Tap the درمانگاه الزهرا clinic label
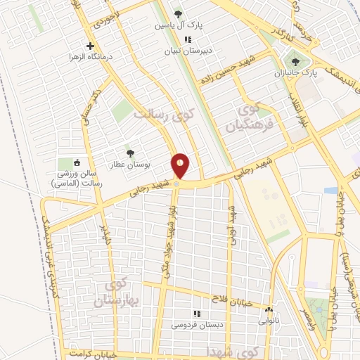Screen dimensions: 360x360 88,56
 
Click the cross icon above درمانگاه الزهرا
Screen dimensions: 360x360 89,46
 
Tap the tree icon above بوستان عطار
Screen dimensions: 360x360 129,153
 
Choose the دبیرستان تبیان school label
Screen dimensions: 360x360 183,51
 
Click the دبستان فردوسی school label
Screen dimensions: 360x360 193,325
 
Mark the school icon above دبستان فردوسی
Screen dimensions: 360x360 197,314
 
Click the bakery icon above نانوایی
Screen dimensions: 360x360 269,309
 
